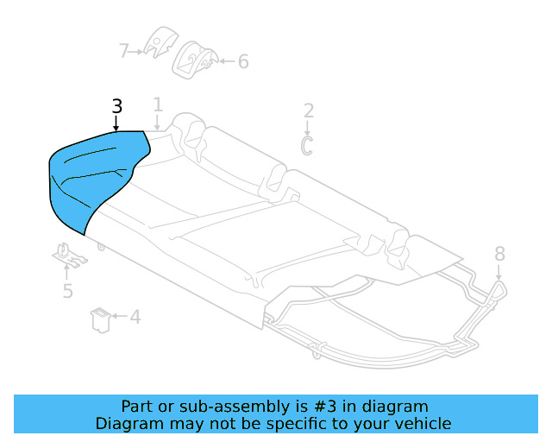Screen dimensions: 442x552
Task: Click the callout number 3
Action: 117,107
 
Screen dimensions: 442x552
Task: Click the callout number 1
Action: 158,105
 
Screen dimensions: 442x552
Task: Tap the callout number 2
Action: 308,110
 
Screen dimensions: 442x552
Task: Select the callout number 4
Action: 135,317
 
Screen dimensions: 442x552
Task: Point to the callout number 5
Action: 68,291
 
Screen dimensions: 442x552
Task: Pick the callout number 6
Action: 242,61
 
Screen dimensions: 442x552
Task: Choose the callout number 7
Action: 123,51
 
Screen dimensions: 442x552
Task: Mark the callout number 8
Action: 499,253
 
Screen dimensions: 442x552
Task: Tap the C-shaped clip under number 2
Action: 307,144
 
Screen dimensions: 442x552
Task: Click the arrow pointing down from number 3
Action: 117,123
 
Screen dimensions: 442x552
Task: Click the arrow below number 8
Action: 499,271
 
